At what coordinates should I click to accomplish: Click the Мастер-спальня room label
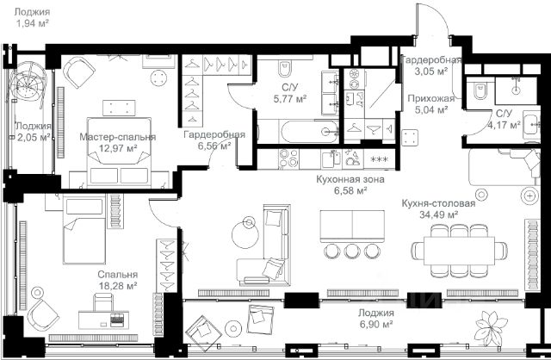117,137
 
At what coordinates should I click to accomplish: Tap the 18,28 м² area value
118,286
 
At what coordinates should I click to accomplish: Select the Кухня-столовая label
438,203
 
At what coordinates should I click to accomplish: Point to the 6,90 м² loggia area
376,324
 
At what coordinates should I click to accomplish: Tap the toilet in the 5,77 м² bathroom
285,68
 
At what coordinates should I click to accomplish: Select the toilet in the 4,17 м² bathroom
480,90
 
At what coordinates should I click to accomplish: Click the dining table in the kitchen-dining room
459,251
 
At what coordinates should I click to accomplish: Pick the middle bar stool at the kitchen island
352,251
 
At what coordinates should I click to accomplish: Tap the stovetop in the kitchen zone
288,158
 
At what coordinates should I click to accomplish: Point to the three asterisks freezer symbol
380,159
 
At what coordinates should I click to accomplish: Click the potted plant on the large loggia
492,327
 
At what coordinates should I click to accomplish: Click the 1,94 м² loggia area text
32,23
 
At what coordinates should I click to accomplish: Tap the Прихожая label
430,98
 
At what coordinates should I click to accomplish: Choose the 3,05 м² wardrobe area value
431,71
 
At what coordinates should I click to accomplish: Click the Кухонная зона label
350,179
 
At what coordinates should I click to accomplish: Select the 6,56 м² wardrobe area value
214,146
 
